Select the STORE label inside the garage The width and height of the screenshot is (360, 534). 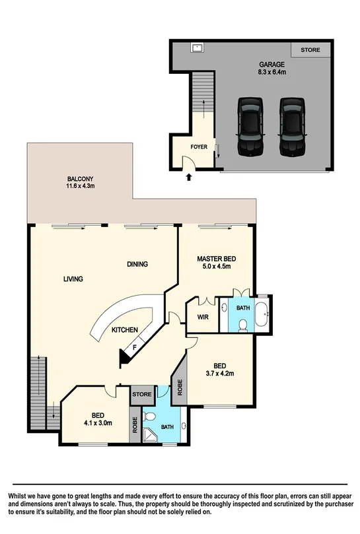310,50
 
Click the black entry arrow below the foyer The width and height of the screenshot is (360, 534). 190,177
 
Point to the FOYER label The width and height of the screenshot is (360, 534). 199,148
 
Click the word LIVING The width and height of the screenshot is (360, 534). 73,279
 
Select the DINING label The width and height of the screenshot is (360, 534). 137,264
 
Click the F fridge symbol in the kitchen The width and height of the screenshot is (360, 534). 135,346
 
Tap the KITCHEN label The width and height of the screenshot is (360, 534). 124,329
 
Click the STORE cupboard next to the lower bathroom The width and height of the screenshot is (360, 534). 141,395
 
